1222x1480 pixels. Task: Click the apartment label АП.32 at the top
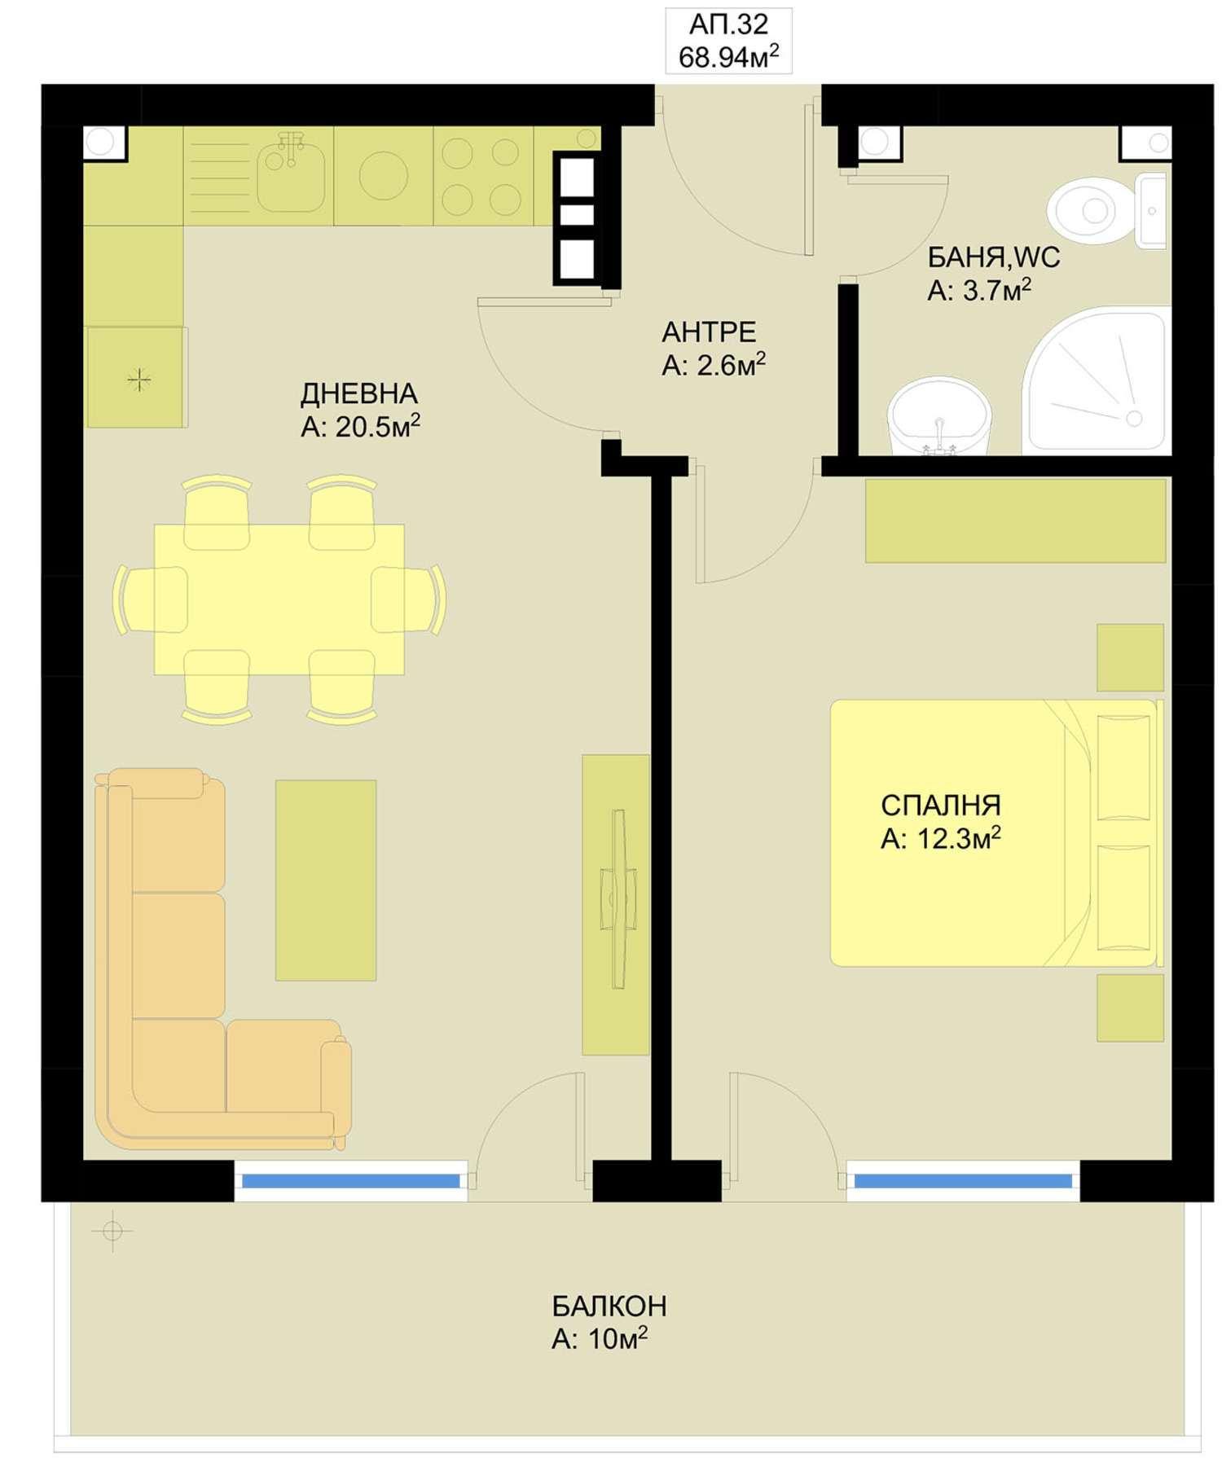click(728, 24)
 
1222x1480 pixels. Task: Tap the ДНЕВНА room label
click(359, 394)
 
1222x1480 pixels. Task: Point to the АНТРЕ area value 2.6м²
click(730, 365)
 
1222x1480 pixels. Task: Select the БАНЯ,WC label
click(994, 257)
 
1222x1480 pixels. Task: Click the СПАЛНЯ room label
click(941, 805)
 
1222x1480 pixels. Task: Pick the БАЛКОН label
click(609, 1306)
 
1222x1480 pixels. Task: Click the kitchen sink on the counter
click(290, 174)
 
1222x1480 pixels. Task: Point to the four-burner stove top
click(482, 176)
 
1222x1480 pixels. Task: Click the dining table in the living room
click(279, 599)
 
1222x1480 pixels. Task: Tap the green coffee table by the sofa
click(326, 880)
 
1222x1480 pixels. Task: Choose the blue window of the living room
click(351, 1181)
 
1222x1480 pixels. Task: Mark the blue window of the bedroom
click(963, 1181)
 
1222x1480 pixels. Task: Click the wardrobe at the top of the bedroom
click(1015, 520)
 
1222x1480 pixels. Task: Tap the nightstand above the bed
click(1130, 657)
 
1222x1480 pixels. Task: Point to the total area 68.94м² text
click(728, 57)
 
